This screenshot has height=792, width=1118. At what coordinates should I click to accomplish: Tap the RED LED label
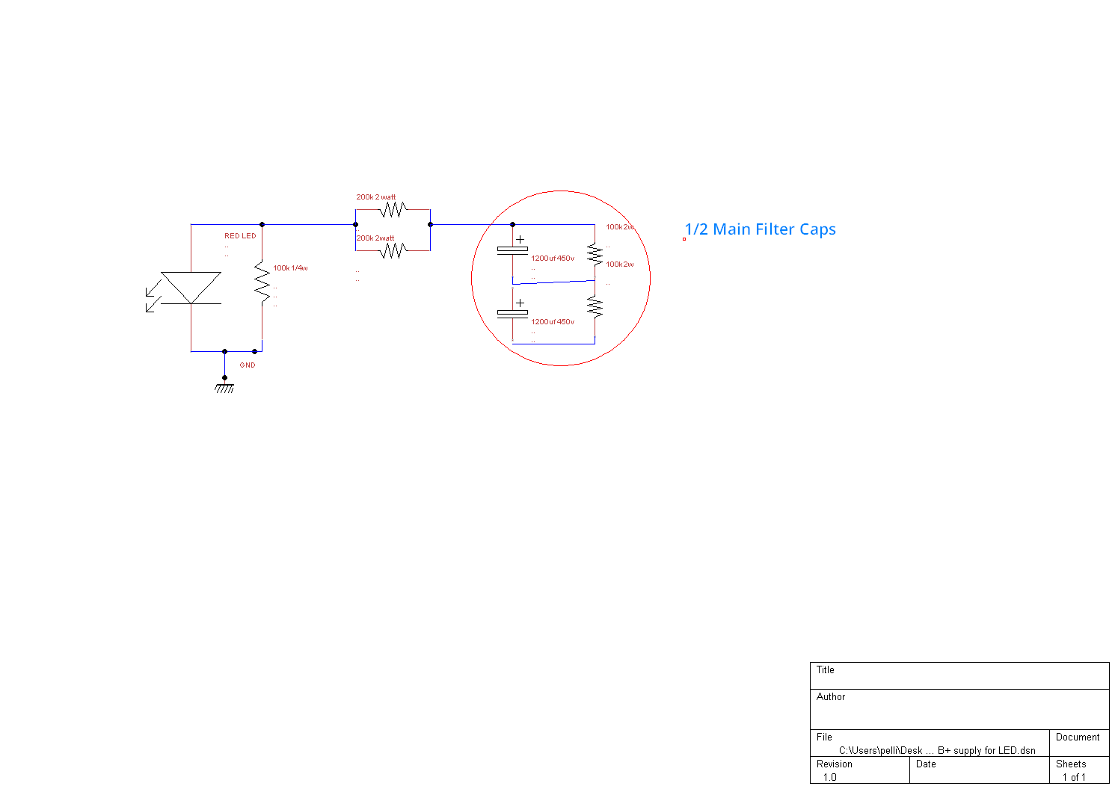pos(240,236)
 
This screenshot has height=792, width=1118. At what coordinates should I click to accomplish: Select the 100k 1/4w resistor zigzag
pos(262,282)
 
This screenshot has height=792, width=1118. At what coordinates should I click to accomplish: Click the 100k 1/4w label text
pos(290,268)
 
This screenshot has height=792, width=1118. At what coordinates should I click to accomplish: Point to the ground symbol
pos(224,387)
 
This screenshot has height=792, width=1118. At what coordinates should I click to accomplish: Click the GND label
pos(248,365)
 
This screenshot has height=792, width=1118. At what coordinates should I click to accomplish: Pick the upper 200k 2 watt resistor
pos(392,209)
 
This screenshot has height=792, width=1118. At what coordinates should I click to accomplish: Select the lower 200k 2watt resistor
pos(392,250)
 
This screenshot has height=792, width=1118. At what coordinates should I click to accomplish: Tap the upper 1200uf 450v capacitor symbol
pos(513,249)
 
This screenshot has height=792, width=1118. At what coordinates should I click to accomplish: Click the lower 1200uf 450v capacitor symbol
pos(513,312)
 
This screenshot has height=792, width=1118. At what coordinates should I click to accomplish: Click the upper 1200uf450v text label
pos(553,259)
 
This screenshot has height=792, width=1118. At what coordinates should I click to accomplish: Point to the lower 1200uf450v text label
pos(553,322)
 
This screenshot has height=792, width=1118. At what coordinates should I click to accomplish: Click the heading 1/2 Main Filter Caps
pos(761,229)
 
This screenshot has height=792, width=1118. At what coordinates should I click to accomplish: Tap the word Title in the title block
pos(826,670)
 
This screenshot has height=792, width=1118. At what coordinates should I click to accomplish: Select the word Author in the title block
pos(831,697)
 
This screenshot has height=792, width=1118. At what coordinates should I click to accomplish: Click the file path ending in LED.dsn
pos(937,750)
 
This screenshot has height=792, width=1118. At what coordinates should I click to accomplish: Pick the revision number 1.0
pos(830,777)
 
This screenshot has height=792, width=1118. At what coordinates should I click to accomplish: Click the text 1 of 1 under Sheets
pos(1074,777)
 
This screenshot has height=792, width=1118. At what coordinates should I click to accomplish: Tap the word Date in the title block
pos(926,764)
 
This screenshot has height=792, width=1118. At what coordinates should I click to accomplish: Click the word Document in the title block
pos(1078,737)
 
